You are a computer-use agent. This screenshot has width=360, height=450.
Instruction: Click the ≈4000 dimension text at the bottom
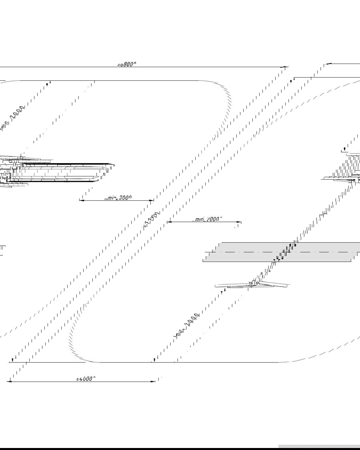(x=86, y=378)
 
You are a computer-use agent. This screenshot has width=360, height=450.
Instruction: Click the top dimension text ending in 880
(x=126, y=64)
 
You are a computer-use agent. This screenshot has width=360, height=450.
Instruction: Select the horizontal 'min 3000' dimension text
(x=118, y=198)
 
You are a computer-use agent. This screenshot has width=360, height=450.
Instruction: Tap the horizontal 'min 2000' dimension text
(x=207, y=219)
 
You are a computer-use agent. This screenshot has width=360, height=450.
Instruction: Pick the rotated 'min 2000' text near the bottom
(x=187, y=326)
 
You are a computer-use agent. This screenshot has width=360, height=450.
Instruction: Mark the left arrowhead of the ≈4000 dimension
(x=9, y=381)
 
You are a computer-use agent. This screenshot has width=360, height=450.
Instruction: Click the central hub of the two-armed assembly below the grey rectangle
(x=253, y=284)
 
